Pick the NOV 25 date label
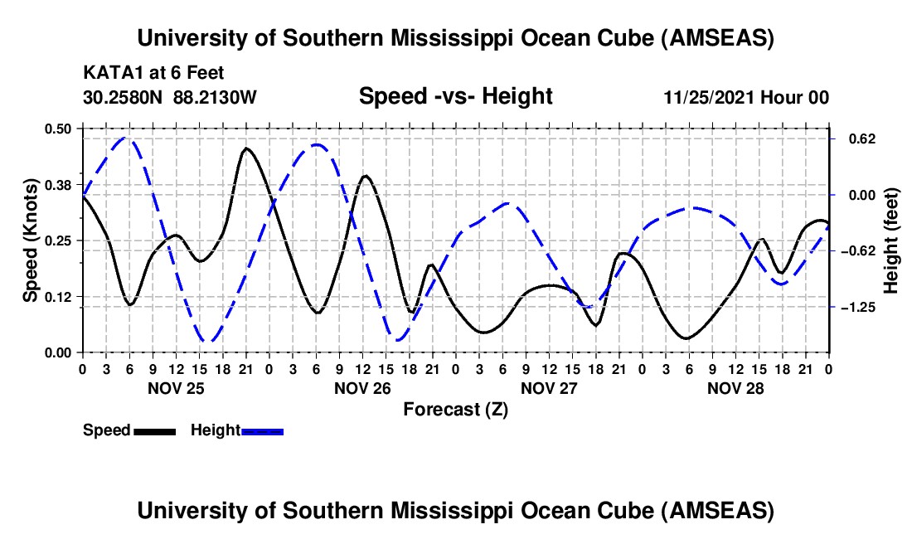click(x=175, y=387)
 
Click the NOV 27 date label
click(x=549, y=387)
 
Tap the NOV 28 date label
click(x=735, y=387)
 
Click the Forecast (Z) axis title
click(x=455, y=409)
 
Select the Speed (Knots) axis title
click(x=31, y=240)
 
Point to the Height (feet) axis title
click(x=891, y=240)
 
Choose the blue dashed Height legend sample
click(x=263, y=431)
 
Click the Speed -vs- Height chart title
click(x=455, y=97)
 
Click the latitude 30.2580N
click(x=123, y=97)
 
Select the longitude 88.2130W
click(x=216, y=97)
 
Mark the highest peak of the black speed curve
click(x=246, y=148)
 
